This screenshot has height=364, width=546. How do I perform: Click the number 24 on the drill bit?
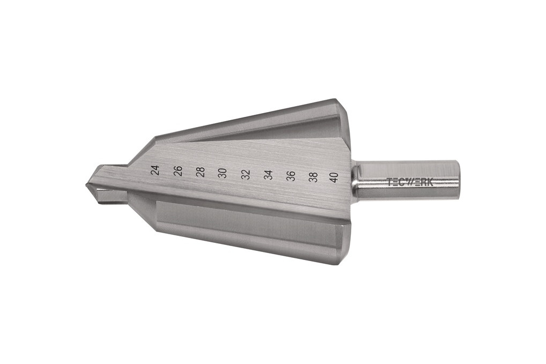(x=155, y=170)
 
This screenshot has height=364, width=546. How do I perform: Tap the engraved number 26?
(x=178, y=170)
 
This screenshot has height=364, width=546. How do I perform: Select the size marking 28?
(x=200, y=172)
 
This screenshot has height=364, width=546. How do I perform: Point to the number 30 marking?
(x=223, y=173)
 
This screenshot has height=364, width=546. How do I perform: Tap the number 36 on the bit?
(x=291, y=176)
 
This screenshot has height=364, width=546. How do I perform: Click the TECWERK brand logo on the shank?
(x=410, y=182)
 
